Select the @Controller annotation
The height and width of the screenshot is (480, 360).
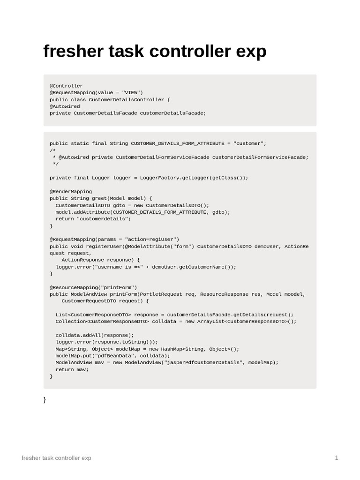point(66,86)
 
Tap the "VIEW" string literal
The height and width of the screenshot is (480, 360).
point(132,93)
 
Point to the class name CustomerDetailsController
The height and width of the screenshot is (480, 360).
point(126,100)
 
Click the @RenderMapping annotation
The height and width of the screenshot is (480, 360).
point(71,192)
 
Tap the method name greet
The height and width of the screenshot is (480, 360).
point(99,198)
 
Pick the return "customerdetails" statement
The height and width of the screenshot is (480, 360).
point(93,219)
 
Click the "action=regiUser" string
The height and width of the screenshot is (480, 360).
point(152,239)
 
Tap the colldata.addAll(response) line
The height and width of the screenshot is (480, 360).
point(95,335)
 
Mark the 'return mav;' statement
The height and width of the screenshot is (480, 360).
point(72,369)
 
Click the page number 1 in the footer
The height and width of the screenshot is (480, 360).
point(337,458)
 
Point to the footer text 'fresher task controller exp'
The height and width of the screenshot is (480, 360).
point(56,458)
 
